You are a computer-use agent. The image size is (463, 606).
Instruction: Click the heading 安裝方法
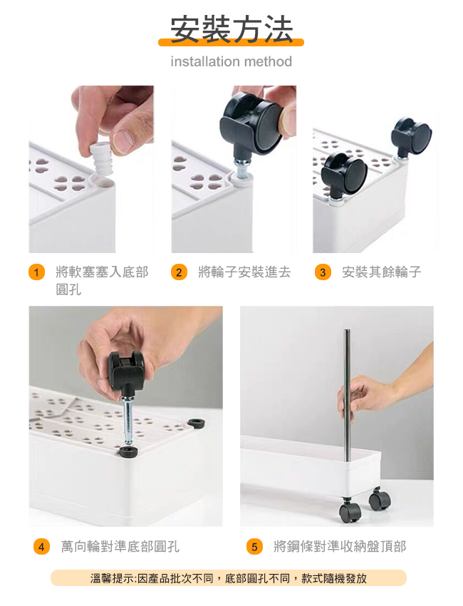pos(231,29)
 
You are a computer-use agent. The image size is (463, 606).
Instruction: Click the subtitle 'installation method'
pos(231,61)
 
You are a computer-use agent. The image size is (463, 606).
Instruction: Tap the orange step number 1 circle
pos(37,272)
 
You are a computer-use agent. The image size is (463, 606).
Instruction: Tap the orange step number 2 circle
pos(179,272)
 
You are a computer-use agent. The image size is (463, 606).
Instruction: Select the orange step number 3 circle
pos(323,272)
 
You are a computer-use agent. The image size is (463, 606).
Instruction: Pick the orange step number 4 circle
pos(41,547)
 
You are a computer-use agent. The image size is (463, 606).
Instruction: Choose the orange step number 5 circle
pos(254,547)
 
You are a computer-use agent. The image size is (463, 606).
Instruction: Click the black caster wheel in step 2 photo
pos(251,123)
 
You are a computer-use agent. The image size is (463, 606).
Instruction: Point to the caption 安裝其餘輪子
pos(382,272)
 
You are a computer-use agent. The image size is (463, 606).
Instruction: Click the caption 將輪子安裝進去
pos(244,272)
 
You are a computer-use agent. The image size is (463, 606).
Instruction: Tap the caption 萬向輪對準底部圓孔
pos(120,547)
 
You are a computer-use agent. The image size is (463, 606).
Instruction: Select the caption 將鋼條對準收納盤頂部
pos(340,547)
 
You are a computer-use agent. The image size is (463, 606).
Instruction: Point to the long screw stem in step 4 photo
pos(128,421)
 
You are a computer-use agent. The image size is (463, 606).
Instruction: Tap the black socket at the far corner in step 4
pos(196,423)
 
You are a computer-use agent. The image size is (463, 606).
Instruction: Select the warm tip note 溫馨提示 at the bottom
pos(229,578)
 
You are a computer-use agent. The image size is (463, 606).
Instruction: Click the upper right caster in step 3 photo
pos(411,137)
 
